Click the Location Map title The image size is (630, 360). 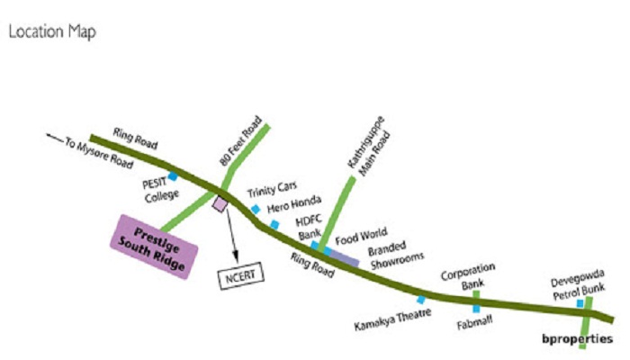pyautogui.click(x=52, y=31)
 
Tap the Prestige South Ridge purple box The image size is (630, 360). pyautogui.click(x=154, y=247)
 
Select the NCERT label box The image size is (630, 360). pyautogui.click(x=240, y=275)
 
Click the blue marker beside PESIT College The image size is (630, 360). pyautogui.click(x=173, y=176)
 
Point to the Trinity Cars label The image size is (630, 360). pyautogui.click(x=272, y=189)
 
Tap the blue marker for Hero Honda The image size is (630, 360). pyautogui.click(x=274, y=225)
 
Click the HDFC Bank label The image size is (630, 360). pyautogui.click(x=308, y=227)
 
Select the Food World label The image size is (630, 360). pyautogui.click(x=361, y=236)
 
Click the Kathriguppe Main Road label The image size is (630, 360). pyautogui.click(x=368, y=146)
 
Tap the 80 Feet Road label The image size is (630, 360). pyautogui.click(x=240, y=141)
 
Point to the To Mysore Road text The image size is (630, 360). pyautogui.click(x=99, y=153)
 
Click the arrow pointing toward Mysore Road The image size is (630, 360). pyautogui.click(x=55, y=138)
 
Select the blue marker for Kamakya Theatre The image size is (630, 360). pyautogui.click(x=421, y=300)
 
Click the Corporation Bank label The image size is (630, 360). pyautogui.click(x=468, y=276)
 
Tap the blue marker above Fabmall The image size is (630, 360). pyautogui.click(x=476, y=309)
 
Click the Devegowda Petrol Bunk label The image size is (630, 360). pyautogui.click(x=578, y=285)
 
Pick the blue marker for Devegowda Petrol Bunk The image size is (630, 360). pyautogui.click(x=580, y=304)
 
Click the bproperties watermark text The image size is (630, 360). pyautogui.click(x=578, y=338)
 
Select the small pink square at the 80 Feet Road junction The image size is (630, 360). pyautogui.click(x=220, y=203)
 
